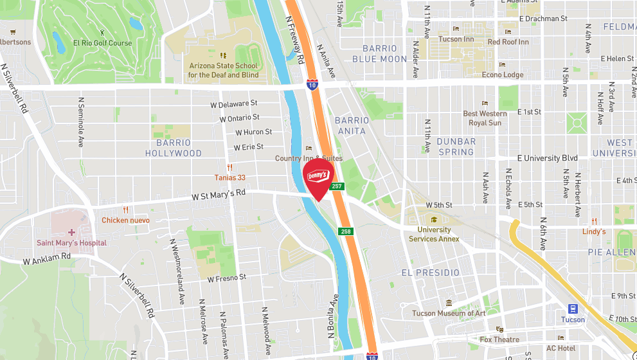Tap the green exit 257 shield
click(x=337, y=186)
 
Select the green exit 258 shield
click(x=346, y=231)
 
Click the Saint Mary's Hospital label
click(x=71, y=243)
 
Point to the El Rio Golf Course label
click(x=102, y=43)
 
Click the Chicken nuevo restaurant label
click(x=125, y=220)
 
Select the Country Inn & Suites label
click(x=309, y=158)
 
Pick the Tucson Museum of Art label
click(x=449, y=313)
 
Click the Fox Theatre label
click(x=499, y=339)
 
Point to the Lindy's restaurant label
click(x=594, y=231)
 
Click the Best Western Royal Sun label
click(x=485, y=118)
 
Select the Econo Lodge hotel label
click(x=503, y=75)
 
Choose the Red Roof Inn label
click(x=508, y=42)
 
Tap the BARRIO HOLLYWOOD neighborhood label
click(x=173, y=148)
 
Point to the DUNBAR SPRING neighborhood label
click(x=456, y=147)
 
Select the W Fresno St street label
click(x=227, y=278)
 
